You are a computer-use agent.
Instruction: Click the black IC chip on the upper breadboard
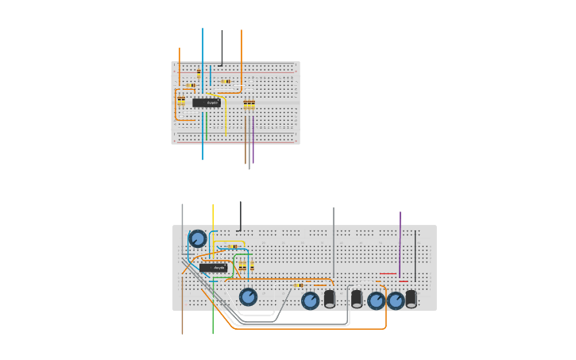[x=206, y=103]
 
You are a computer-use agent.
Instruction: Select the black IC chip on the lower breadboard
[x=213, y=268]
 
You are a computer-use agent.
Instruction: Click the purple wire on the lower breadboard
[x=400, y=238]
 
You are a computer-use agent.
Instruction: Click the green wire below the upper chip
[x=207, y=127]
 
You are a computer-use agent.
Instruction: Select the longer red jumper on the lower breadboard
[x=388, y=274]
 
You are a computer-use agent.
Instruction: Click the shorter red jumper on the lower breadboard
[x=404, y=281]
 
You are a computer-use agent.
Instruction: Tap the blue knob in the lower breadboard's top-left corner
[x=197, y=238]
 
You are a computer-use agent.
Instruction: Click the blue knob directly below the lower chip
[x=248, y=296]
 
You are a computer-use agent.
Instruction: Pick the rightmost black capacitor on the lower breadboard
[x=411, y=299]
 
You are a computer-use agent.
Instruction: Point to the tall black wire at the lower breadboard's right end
[x=415, y=254]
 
